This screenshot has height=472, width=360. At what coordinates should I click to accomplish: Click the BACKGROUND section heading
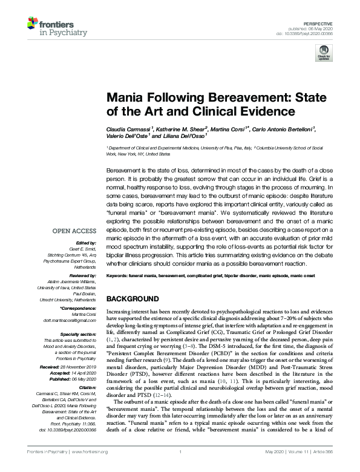pos(133,299)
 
